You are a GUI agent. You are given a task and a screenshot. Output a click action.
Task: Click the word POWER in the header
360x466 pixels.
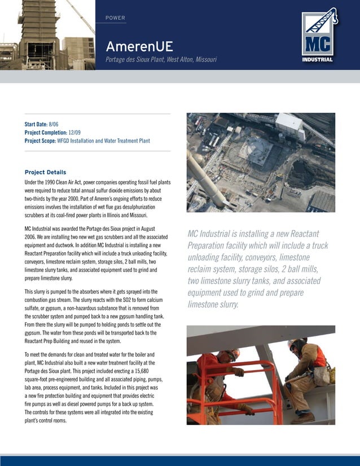(115, 18)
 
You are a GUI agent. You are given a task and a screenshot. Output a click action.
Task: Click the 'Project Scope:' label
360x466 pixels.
(40, 140)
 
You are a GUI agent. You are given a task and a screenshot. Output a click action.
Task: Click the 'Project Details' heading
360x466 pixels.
(45, 172)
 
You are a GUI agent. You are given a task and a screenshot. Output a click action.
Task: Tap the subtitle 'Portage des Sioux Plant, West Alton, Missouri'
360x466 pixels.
(161, 60)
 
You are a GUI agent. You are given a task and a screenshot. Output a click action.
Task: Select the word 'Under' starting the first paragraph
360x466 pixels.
(32, 183)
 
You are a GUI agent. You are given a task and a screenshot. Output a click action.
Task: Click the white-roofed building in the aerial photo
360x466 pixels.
(289, 125)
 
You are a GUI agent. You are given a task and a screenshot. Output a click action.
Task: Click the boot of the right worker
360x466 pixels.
(303, 418)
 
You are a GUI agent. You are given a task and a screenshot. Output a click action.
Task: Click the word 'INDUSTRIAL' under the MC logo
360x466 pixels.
(317, 59)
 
